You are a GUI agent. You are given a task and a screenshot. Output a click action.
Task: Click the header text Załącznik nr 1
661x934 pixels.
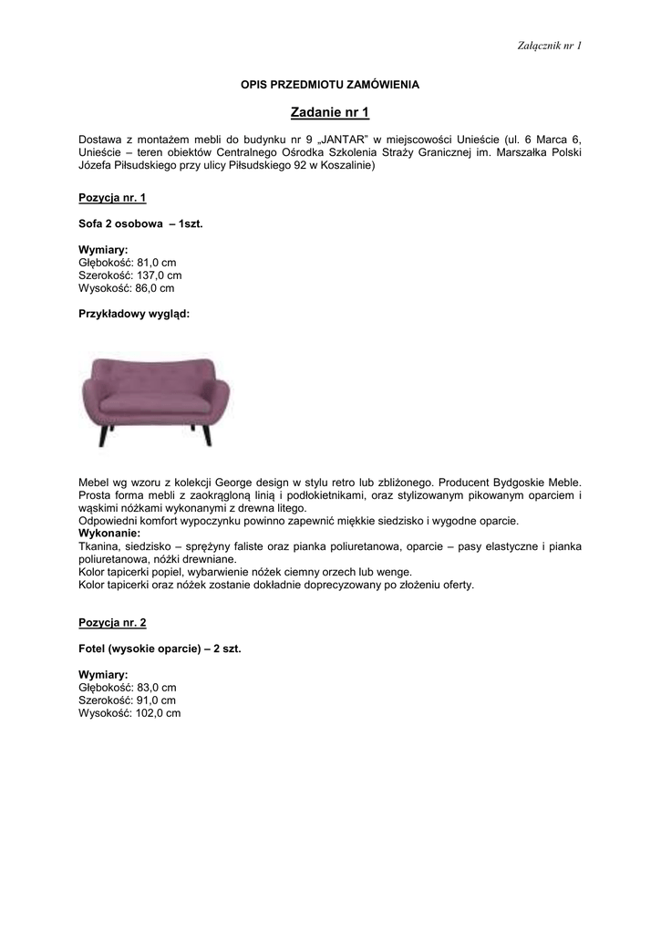click(549, 45)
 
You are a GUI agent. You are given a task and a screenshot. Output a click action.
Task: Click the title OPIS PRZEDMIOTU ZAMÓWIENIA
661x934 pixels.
click(330, 84)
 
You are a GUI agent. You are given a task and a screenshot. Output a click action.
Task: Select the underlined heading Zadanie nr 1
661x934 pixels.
click(330, 113)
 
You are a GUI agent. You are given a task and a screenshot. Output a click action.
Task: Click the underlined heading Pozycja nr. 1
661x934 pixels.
click(112, 197)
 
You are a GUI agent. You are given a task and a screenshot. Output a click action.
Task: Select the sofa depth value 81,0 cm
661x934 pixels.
click(156, 262)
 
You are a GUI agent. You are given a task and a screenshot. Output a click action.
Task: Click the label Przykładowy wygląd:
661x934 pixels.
click(134, 313)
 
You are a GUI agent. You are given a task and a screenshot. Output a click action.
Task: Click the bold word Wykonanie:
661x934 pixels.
click(109, 533)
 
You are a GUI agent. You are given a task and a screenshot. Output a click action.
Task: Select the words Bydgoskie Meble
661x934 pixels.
click(537, 482)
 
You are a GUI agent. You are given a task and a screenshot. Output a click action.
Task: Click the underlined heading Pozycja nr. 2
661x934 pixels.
click(112, 622)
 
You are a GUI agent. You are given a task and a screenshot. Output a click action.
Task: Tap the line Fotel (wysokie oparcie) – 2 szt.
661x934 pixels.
click(160, 649)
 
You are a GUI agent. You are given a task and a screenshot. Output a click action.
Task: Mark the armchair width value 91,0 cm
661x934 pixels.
click(152, 700)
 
